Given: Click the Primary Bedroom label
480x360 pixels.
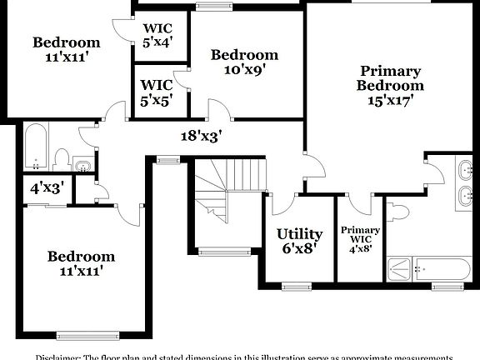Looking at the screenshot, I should click(390, 78).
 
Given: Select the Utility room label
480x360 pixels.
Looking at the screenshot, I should click(299, 234).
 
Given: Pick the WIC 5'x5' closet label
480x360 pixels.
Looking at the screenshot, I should click(157, 91).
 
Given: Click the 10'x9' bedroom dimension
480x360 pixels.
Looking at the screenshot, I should click(244, 71).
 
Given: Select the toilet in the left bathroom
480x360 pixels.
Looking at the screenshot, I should click(61, 158).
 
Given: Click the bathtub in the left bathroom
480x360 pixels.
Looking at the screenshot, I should click(35, 147).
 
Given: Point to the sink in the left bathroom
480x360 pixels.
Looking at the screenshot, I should click(82, 165).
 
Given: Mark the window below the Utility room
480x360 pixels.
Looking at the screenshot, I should click(296, 287).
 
